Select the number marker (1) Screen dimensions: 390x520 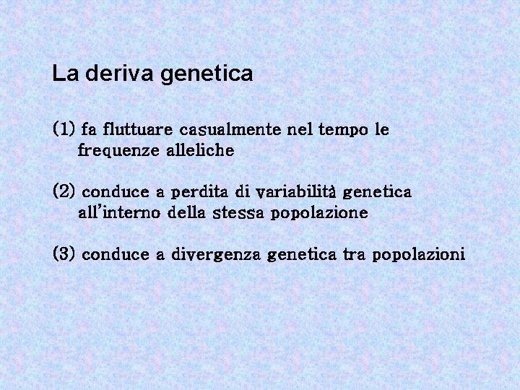point(64,130)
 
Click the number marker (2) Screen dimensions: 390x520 point(64,192)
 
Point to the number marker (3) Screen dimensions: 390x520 point(64,254)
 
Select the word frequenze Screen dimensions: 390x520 point(119,151)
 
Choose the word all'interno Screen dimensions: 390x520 point(119,213)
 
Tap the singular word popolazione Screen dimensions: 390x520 point(319,214)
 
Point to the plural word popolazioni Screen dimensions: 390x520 point(419,255)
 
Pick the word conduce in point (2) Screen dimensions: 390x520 point(114,192)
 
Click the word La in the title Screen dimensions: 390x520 point(62,74)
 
